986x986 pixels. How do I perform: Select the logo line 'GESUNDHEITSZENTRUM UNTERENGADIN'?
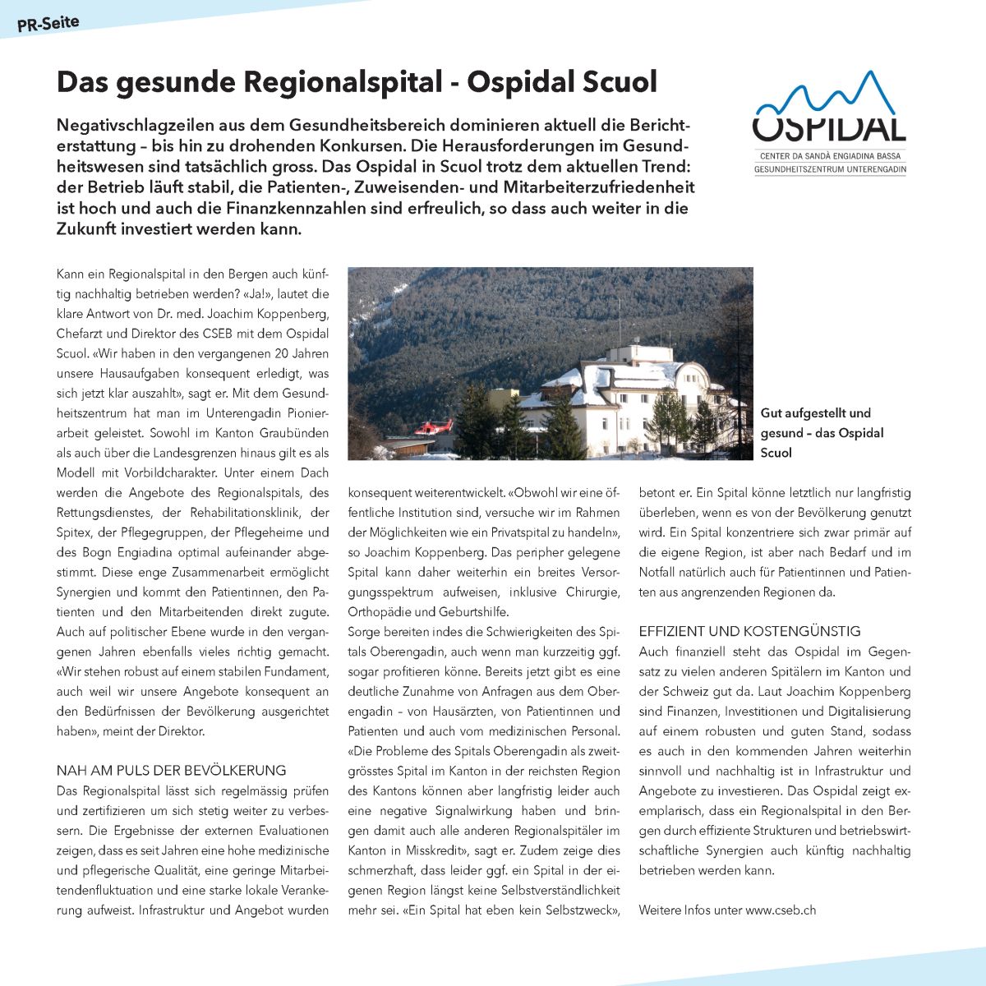click(x=830, y=169)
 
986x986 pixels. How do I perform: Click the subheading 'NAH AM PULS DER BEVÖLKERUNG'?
click(x=171, y=771)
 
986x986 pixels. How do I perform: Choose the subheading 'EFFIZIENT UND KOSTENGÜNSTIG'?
click(x=749, y=631)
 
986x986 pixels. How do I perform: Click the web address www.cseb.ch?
click(x=781, y=910)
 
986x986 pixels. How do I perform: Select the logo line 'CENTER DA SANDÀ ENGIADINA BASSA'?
click(x=830, y=156)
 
